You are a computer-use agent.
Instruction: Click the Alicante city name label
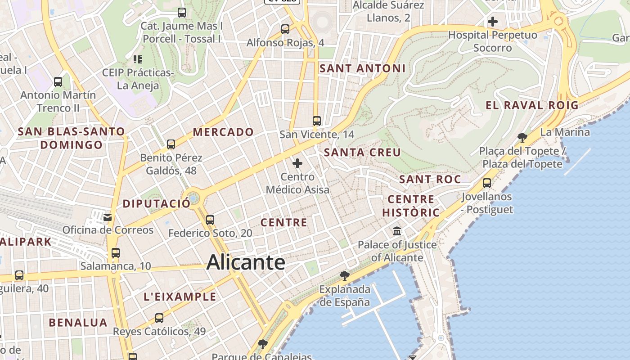[x=246, y=262]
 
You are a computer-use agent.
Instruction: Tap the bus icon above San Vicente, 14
[x=317, y=121]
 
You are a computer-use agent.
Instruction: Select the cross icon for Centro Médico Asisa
[x=297, y=163]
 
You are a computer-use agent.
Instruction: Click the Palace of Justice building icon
[x=397, y=231]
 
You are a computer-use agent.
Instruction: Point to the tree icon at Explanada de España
[x=345, y=275]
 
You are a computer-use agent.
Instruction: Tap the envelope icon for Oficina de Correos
[x=108, y=217]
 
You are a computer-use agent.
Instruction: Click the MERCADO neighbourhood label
[x=223, y=132]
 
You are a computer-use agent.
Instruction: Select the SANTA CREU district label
[x=362, y=153]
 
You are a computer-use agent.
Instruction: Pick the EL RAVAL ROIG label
[x=532, y=105]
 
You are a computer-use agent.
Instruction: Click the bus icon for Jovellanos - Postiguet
[x=487, y=183]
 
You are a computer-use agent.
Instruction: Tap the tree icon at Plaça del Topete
[x=522, y=137]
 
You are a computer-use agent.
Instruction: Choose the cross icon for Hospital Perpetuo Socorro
[x=493, y=21]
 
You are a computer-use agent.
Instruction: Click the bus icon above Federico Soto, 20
[x=210, y=220]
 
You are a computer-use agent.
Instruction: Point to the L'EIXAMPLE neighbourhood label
[x=180, y=297]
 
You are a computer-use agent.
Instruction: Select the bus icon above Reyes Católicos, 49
[x=159, y=318]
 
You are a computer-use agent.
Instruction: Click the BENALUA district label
[x=78, y=323]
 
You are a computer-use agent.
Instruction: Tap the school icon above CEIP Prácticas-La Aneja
[x=138, y=59]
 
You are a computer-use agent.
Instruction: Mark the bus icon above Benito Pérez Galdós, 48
[x=171, y=144]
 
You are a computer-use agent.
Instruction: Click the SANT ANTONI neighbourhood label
[x=362, y=68]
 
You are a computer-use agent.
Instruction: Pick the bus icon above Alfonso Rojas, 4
[x=285, y=29]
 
